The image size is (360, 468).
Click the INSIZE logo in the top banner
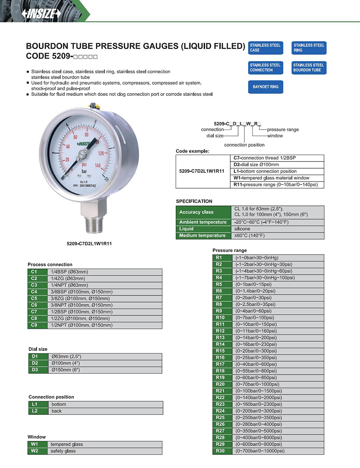(42, 14)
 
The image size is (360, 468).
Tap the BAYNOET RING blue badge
(266, 87)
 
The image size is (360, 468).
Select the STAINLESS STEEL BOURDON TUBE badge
(309, 68)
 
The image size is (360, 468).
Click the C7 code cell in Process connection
(34, 312)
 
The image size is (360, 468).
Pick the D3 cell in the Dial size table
(35, 370)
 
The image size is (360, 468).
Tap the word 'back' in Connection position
(57, 411)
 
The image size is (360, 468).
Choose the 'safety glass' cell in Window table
(63, 451)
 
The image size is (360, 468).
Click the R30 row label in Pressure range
(220, 451)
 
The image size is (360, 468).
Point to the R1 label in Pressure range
(219, 257)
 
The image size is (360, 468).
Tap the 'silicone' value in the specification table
(242, 229)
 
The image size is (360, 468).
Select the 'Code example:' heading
(192, 151)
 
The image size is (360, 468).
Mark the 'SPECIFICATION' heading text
(194, 201)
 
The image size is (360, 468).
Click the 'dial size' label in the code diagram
(215, 136)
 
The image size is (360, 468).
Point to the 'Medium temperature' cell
(203, 236)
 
